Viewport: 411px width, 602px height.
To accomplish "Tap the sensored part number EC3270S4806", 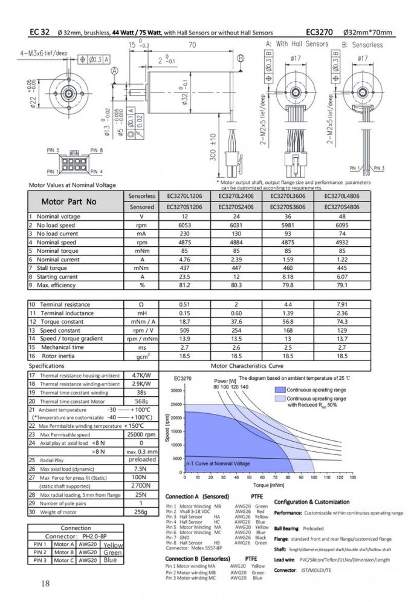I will coord(341,206).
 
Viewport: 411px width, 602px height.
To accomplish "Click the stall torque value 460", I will coord(288,268).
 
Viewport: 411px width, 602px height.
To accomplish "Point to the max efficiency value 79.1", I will coord(341,285).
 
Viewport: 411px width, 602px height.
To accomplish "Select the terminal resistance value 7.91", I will coord(341,304).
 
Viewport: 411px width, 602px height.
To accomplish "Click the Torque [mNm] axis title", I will coord(268,485).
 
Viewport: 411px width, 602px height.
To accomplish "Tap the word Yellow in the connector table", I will coord(113,545).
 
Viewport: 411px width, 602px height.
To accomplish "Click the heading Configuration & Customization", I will coord(312,502).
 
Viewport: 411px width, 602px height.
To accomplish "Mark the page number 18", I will coord(45,583).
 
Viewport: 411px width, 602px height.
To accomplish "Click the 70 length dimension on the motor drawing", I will coord(192,45).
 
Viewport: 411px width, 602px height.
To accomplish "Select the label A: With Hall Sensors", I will coord(294,44).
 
